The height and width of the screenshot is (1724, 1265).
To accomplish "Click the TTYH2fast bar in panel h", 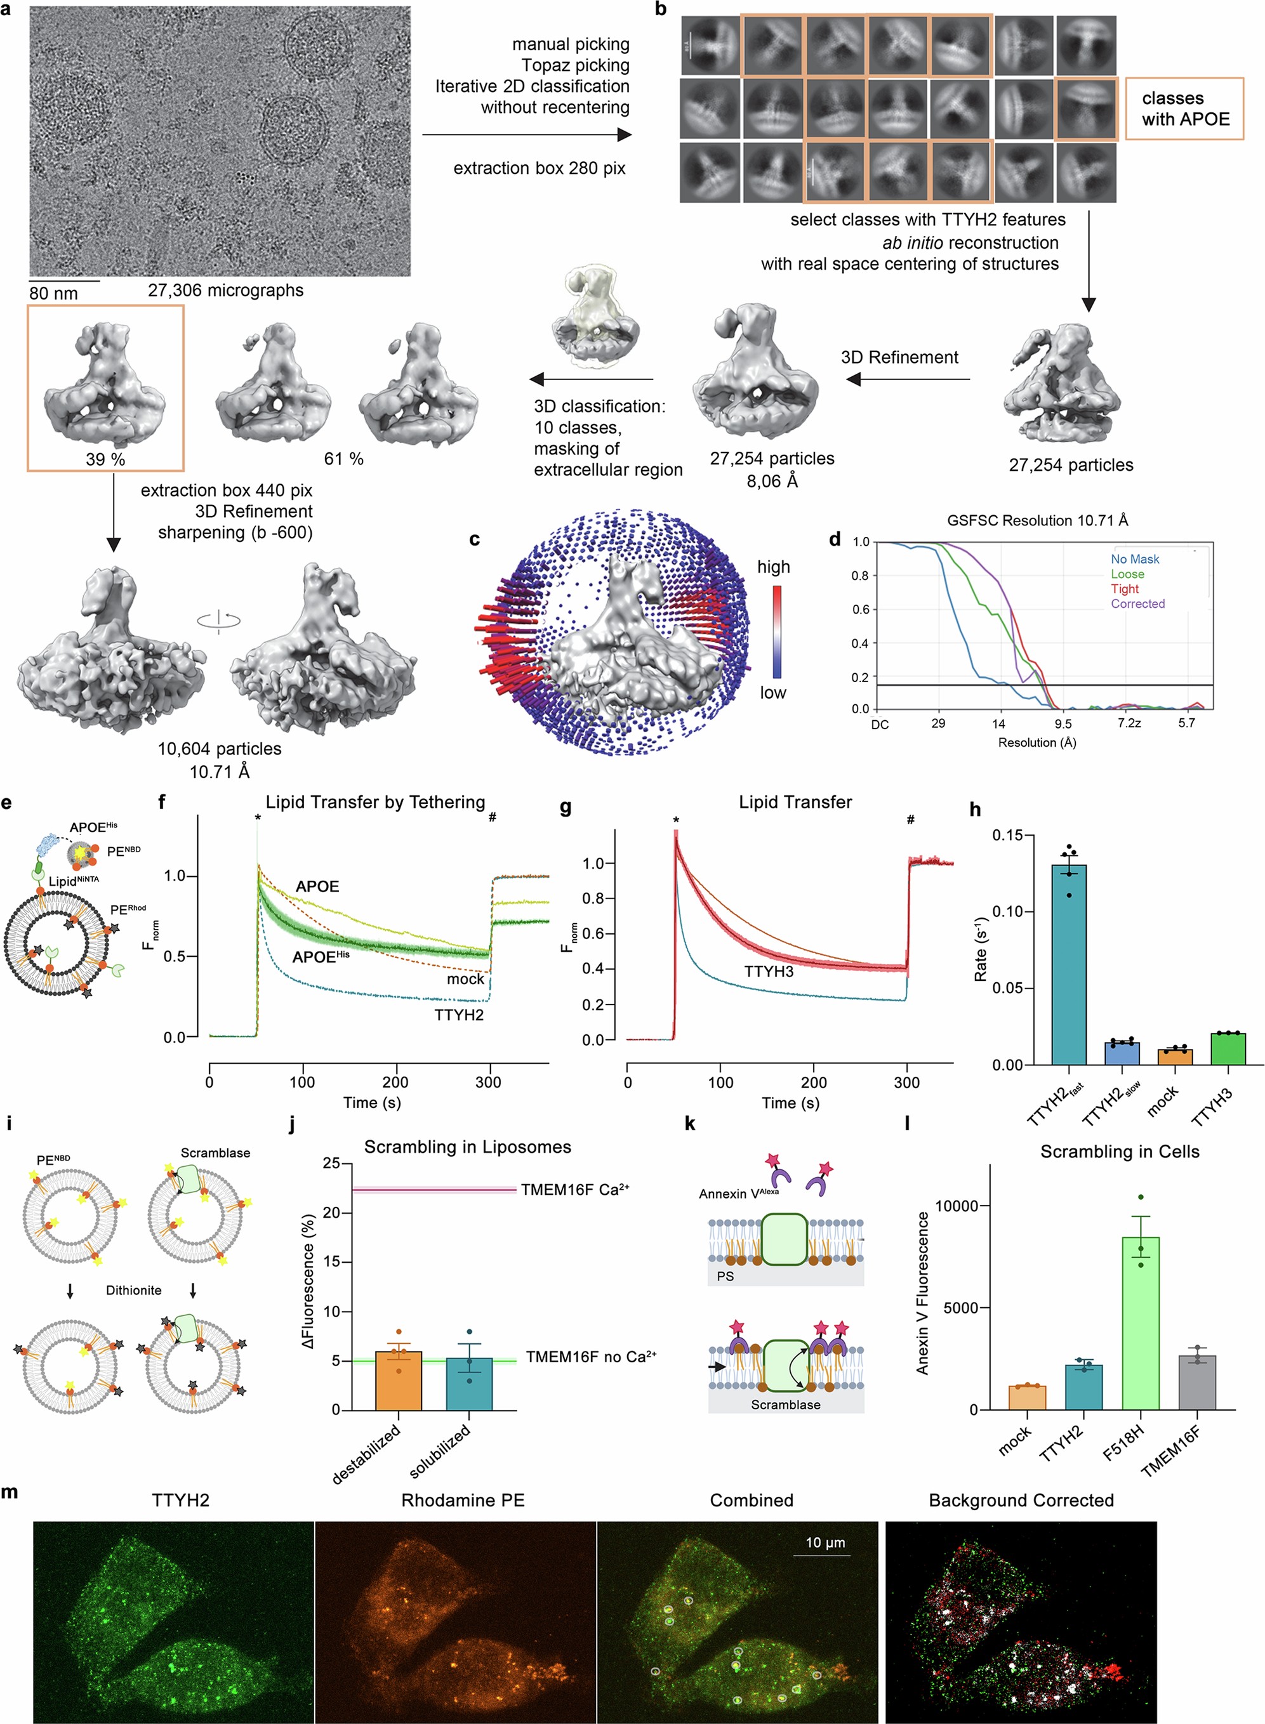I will [1068, 964].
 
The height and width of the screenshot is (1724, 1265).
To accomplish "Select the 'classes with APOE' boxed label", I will [1184, 109].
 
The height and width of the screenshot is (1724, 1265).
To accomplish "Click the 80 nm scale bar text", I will [53, 293].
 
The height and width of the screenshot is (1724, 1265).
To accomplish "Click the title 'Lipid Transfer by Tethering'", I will [375, 801].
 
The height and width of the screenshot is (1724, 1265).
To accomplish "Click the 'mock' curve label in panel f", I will [465, 978].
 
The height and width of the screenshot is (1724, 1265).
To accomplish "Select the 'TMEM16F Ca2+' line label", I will [574, 1189].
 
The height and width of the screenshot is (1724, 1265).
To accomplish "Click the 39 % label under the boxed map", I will [105, 459].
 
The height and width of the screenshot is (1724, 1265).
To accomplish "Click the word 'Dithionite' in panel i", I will [133, 1290].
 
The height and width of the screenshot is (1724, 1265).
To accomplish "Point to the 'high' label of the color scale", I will [773, 567].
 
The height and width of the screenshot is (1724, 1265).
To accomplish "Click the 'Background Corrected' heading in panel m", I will [1021, 1500].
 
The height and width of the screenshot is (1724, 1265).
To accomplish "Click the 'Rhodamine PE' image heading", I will [463, 1500].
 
